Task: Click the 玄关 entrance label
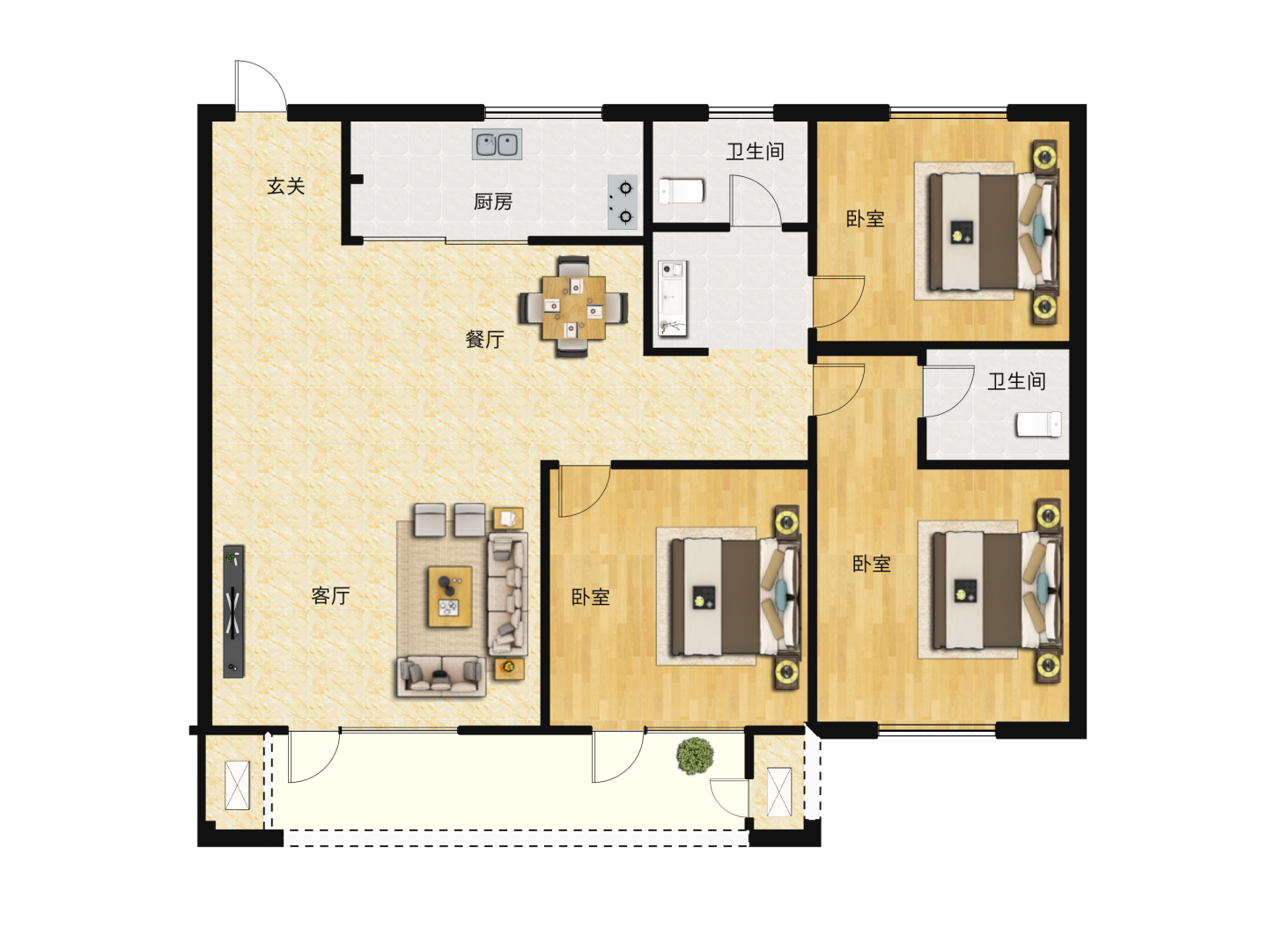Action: (285, 187)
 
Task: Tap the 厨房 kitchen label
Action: (493, 203)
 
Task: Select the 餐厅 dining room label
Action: (484, 339)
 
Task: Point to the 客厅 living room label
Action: (330, 595)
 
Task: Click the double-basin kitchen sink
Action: (497, 144)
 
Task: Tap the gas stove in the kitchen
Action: (623, 203)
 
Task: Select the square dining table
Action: (573, 308)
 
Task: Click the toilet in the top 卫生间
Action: (682, 190)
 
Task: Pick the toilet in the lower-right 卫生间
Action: (1039, 424)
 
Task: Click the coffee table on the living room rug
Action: (450, 596)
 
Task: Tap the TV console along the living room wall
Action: (233, 611)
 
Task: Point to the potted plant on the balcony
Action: (696, 756)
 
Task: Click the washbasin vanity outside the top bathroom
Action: (673, 299)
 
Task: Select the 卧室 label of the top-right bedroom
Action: (866, 219)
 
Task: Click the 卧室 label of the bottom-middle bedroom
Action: (590, 597)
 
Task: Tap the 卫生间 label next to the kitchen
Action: (755, 151)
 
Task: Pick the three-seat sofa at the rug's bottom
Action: (441, 675)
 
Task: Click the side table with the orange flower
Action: (509, 668)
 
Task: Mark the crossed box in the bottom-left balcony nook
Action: (237, 785)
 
